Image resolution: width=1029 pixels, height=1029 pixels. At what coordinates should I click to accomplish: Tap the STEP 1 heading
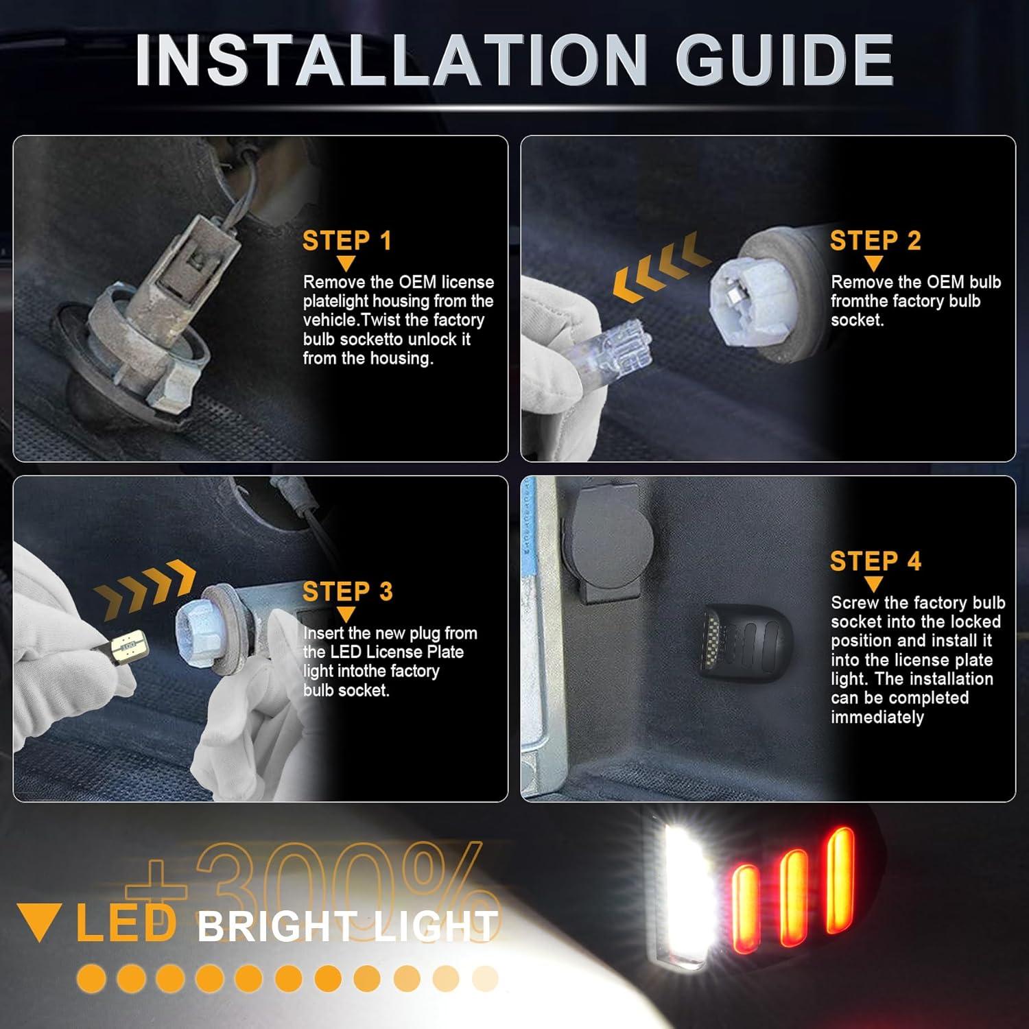click(346, 241)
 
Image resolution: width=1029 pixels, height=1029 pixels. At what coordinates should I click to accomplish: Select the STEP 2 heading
click(875, 241)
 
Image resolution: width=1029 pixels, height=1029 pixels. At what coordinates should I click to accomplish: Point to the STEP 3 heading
click(347, 591)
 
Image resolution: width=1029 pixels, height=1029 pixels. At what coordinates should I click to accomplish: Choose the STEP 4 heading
click(875, 561)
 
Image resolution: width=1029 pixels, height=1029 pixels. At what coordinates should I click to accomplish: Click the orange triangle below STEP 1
click(346, 263)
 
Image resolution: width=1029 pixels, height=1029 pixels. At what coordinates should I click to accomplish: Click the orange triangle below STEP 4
click(873, 584)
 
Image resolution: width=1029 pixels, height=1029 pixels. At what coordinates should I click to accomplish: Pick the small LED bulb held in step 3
click(126, 646)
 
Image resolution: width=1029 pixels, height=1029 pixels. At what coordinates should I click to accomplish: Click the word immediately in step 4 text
click(877, 718)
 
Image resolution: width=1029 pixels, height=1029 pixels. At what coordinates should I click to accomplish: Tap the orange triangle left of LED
click(40, 923)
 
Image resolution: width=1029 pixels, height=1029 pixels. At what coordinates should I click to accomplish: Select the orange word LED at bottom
click(126, 923)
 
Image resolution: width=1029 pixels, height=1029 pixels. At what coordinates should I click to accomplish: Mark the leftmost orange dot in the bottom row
click(91, 978)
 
